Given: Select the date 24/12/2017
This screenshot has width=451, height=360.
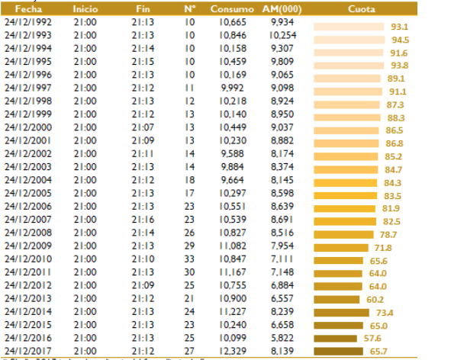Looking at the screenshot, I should (28, 350).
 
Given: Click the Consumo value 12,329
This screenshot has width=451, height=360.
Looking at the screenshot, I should (234, 350).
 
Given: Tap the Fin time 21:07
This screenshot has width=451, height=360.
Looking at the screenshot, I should (142, 127).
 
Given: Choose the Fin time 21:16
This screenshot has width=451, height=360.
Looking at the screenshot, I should (142, 219).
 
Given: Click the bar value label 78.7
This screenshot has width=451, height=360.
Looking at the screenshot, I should (388, 235).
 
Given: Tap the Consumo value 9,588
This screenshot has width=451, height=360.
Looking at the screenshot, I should (234, 153).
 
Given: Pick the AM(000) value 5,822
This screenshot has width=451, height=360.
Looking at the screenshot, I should (282, 337).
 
